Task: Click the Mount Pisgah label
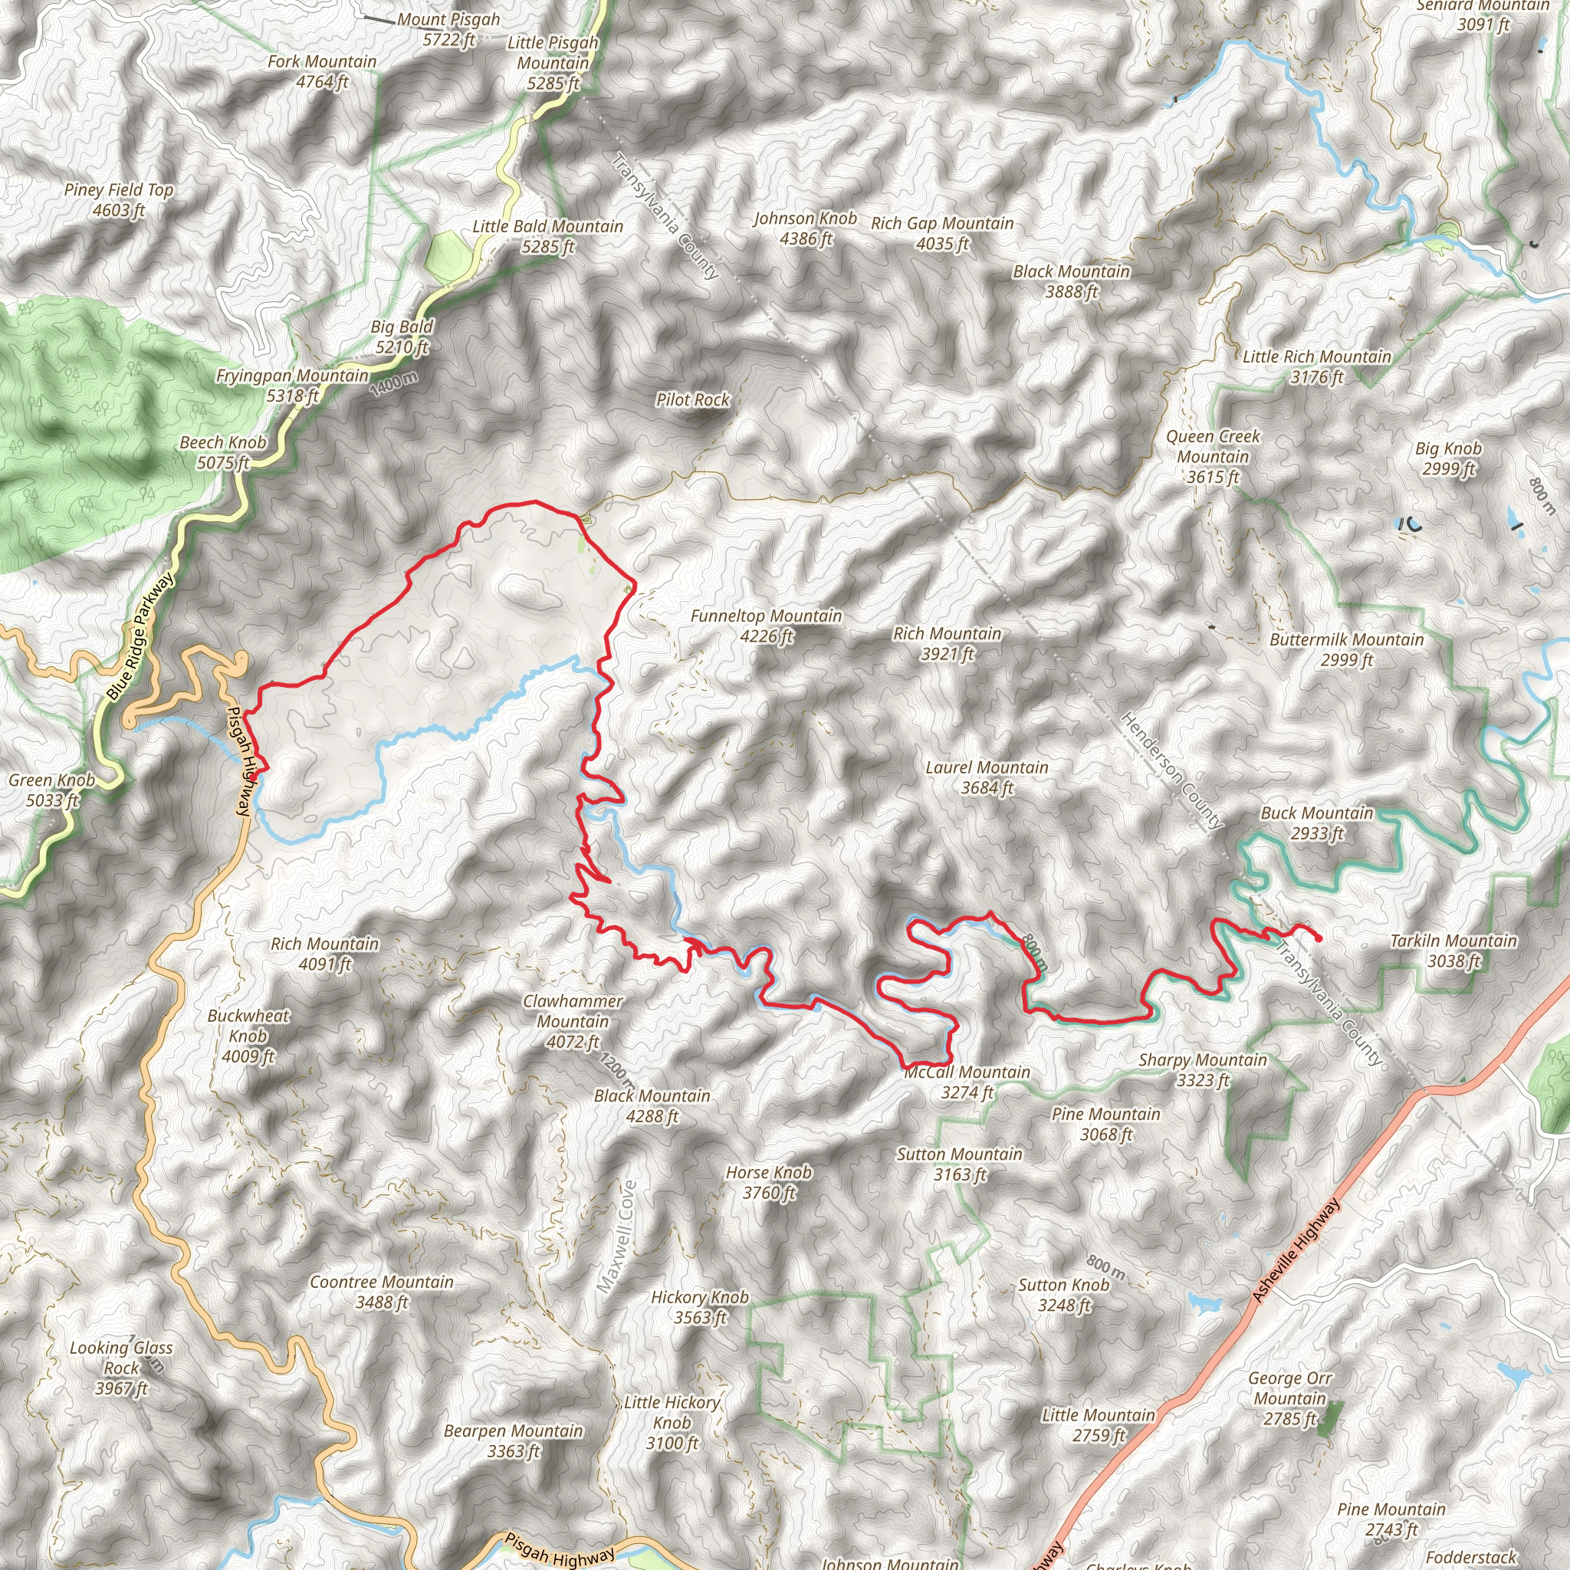[x=448, y=29]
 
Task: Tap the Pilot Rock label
[x=692, y=400]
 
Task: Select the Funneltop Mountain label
[x=766, y=626]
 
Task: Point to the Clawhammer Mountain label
[x=573, y=1021]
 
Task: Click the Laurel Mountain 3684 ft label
[x=987, y=777]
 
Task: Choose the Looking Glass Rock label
[x=121, y=1368]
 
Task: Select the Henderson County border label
[x=1171, y=770]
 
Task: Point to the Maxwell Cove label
[x=617, y=1236]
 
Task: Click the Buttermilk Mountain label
[x=1346, y=649]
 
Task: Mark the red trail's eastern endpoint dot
[x=1318, y=938]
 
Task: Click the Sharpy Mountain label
[x=1203, y=1069]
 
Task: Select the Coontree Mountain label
[x=382, y=1291]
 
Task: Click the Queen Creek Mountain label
[x=1213, y=457]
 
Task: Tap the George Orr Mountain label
[x=1289, y=1398]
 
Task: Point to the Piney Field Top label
[x=119, y=199]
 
